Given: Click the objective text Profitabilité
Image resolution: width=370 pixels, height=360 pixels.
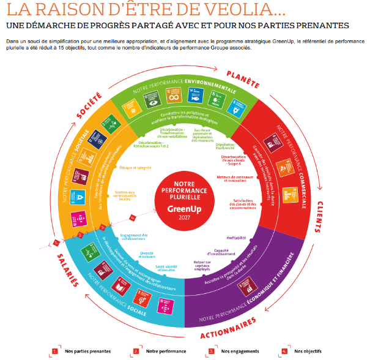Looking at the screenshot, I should click(x=236, y=238).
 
